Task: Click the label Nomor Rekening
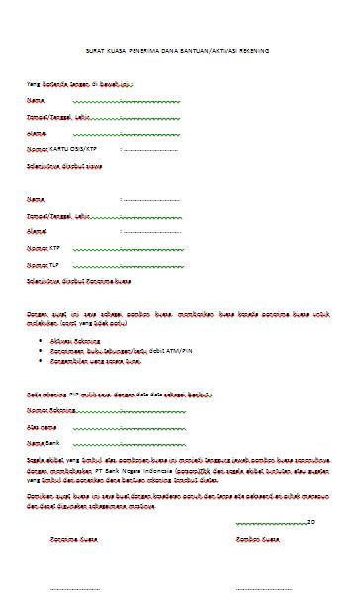click(52, 407)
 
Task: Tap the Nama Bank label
click(45, 442)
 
